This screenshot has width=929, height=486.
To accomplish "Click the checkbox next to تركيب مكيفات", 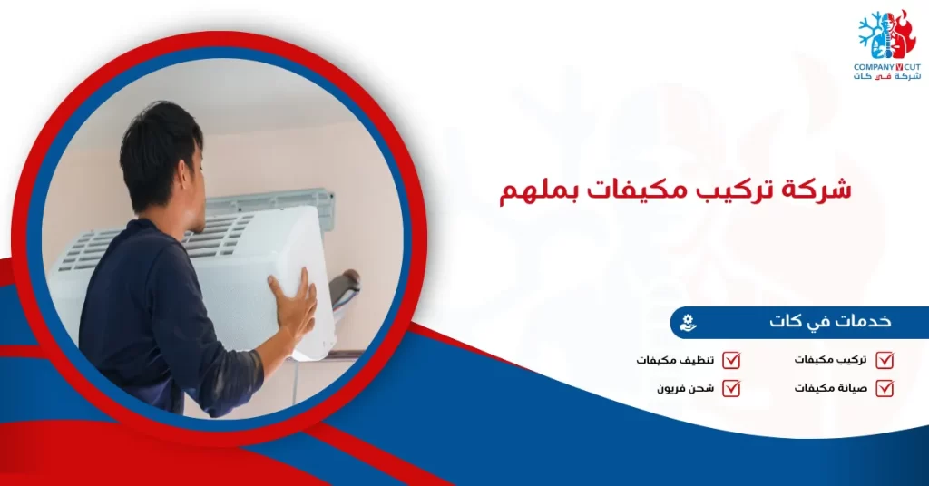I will click(x=885, y=360).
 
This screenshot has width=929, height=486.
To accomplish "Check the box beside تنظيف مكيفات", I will click(x=731, y=360).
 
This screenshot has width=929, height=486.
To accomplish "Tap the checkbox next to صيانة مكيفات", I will click(x=885, y=388).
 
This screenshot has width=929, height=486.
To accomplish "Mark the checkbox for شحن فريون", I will click(x=731, y=388).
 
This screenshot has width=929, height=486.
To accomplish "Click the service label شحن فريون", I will click(x=686, y=388).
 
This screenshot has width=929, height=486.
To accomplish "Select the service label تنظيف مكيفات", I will click(x=675, y=360).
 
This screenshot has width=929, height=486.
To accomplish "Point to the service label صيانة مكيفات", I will click(x=830, y=388).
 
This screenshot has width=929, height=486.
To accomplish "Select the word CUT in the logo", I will click(x=911, y=67).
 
